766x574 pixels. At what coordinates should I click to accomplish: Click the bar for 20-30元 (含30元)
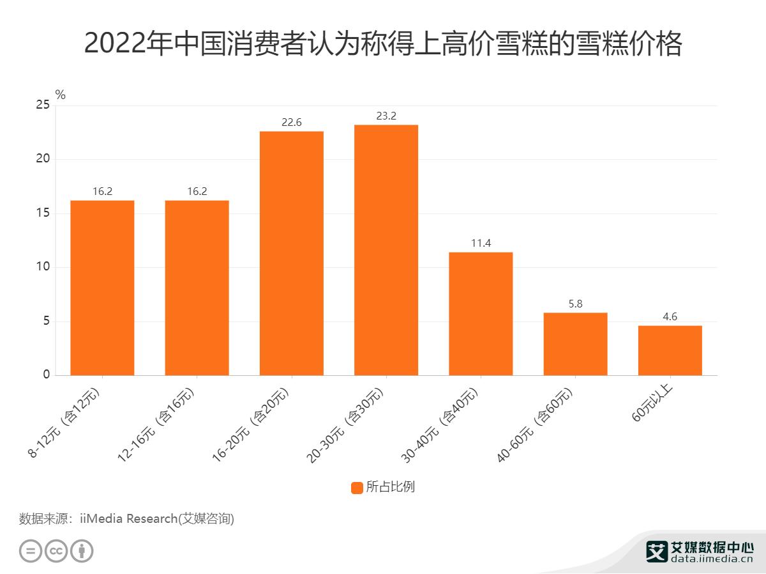386,250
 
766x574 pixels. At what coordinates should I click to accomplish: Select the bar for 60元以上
670,350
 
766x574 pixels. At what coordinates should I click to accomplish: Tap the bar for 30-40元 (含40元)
481,313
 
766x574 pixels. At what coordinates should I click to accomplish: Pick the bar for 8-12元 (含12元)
102,288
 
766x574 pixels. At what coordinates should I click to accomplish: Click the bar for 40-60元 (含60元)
575,344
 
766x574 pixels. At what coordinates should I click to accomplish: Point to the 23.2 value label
386,116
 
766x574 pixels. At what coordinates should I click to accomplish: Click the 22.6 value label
291,123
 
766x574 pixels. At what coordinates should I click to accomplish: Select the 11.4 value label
481,244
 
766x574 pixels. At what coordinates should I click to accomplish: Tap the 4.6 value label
670,317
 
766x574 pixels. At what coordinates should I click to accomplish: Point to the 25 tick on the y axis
42,105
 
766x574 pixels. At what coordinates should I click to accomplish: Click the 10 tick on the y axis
42,267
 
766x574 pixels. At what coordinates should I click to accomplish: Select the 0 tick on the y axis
46,375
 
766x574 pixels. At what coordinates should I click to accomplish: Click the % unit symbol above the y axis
61,95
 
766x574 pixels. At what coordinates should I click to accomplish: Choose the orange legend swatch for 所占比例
357,488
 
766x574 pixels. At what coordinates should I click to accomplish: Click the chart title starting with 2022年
383,44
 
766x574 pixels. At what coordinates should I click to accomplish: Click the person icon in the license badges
82,551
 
